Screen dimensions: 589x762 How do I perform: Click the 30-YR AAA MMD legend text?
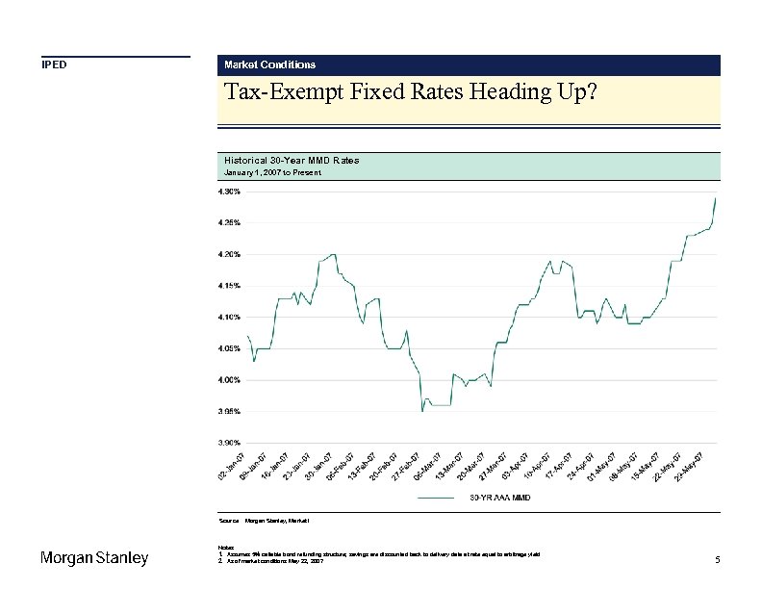[x=499, y=499]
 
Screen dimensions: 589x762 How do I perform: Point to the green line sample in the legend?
[x=437, y=499]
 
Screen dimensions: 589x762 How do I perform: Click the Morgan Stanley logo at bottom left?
[x=93, y=559]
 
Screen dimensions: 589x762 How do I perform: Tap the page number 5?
[x=718, y=560]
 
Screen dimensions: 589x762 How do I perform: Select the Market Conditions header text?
[x=269, y=64]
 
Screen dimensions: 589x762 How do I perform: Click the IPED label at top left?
[x=53, y=65]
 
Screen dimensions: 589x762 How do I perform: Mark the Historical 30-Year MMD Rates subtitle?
[x=291, y=160]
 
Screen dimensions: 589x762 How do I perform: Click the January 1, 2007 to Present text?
[x=272, y=172]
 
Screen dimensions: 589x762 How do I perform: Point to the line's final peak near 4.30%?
[x=716, y=198]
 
